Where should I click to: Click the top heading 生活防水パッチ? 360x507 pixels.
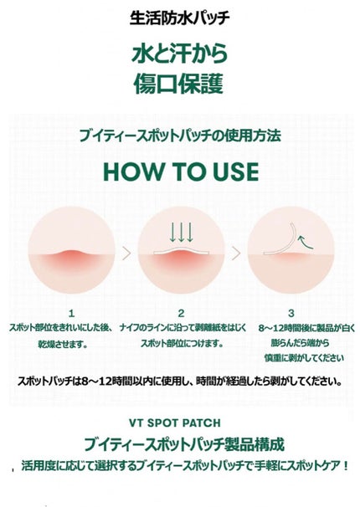pos(181,17)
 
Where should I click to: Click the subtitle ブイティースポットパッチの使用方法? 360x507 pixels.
pos(181,135)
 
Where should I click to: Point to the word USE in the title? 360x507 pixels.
pos(230,170)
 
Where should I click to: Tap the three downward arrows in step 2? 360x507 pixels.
pos(180,230)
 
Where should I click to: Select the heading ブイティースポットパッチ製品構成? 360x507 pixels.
pos(181,444)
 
